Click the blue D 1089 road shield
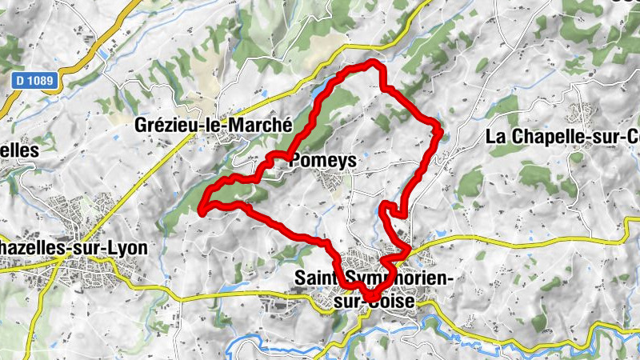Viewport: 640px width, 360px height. (37, 80)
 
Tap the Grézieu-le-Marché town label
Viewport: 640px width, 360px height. (206, 126)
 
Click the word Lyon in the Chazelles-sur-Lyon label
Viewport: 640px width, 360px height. (128, 248)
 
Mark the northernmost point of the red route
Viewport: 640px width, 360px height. (373, 62)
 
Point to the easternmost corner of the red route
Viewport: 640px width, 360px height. (441, 128)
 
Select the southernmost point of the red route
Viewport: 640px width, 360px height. (370, 302)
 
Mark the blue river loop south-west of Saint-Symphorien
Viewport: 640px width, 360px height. (240, 346)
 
